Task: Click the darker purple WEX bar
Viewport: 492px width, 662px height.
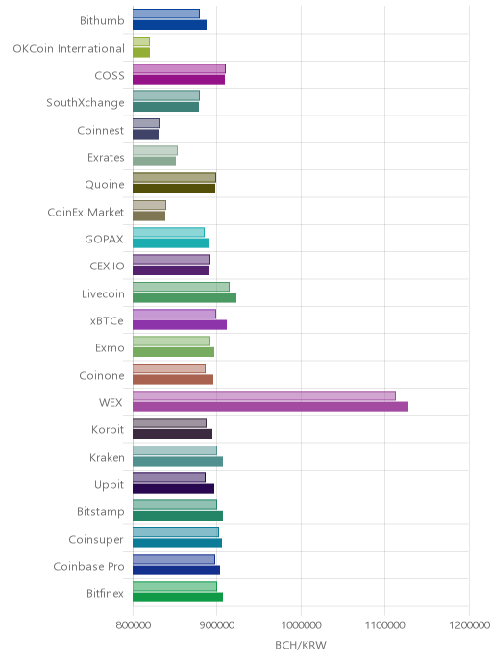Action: (x=270, y=407)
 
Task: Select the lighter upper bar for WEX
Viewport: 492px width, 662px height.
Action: (x=264, y=395)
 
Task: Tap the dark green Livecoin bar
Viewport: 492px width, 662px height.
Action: (x=184, y=297)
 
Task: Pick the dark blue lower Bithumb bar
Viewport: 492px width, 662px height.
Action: (x=169, y=24)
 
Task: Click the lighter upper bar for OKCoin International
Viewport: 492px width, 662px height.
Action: (x=141, y=41)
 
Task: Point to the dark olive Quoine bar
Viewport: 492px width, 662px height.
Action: (x=174, y=189)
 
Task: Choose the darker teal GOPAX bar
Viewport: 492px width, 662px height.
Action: (x=170, y=243)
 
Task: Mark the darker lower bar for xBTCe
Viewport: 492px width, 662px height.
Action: (x=180, y=324)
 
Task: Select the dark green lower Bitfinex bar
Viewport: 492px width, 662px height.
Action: (x=178, y=597)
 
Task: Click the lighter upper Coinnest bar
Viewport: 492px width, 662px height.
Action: (x=146, y=123)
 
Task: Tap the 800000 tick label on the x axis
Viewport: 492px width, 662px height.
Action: (x=134, y=624)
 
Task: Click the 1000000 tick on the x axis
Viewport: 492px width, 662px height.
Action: (x=301, y=624)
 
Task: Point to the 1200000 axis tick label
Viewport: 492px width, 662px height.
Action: (x=469, y=624)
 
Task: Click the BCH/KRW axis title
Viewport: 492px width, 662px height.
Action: (x=301, y=645)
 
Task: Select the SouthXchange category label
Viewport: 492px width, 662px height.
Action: (x=86, y=103)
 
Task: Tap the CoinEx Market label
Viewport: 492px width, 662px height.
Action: (x=86, y=212)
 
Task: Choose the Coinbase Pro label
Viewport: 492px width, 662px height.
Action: (x=88, y=566)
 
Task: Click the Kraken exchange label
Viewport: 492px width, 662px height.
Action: (x=107, y=457)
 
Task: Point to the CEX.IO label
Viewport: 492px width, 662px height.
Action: (x=107, y=266)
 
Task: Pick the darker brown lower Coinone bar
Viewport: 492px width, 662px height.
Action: (x=173, y=379)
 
